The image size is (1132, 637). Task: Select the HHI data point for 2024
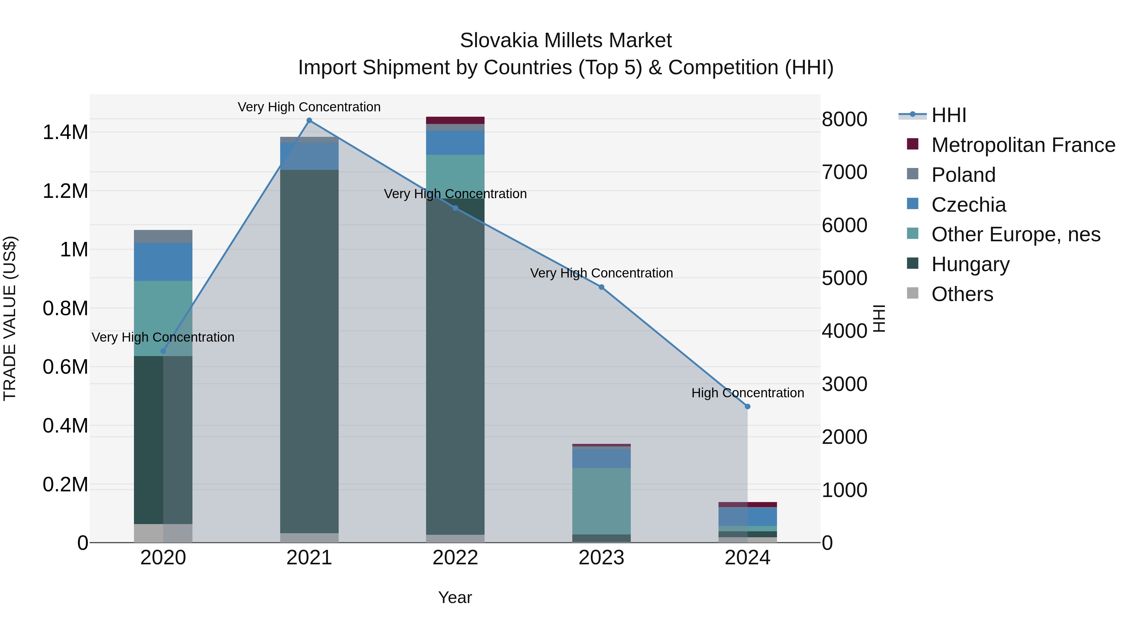click(x=747, y=407)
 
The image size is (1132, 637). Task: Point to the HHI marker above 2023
click(x=602, y=287)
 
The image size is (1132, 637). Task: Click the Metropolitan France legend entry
click(x=1023, y=145)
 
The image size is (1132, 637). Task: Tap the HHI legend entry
click(x=948, y=115)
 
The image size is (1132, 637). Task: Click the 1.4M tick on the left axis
click(x=65, y=132)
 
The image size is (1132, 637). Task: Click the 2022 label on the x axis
click(x=455, y=558)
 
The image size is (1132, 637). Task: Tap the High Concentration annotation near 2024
click(x=747, y=393)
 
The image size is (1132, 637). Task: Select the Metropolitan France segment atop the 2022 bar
click(x=455, y=120)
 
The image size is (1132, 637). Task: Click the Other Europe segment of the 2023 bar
click(x=601, y=501)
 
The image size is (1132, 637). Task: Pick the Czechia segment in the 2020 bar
click(x=163, y=262)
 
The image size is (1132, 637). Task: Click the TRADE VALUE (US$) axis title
click(x=10, y=318)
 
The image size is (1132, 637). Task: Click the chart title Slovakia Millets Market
click(x=566, y=41)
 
